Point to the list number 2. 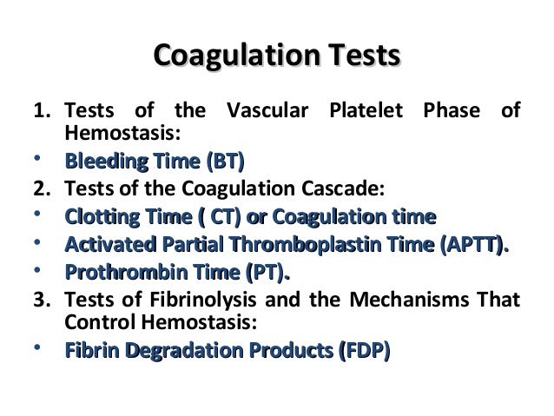click(38, 189)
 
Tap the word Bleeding click(99, 162)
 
